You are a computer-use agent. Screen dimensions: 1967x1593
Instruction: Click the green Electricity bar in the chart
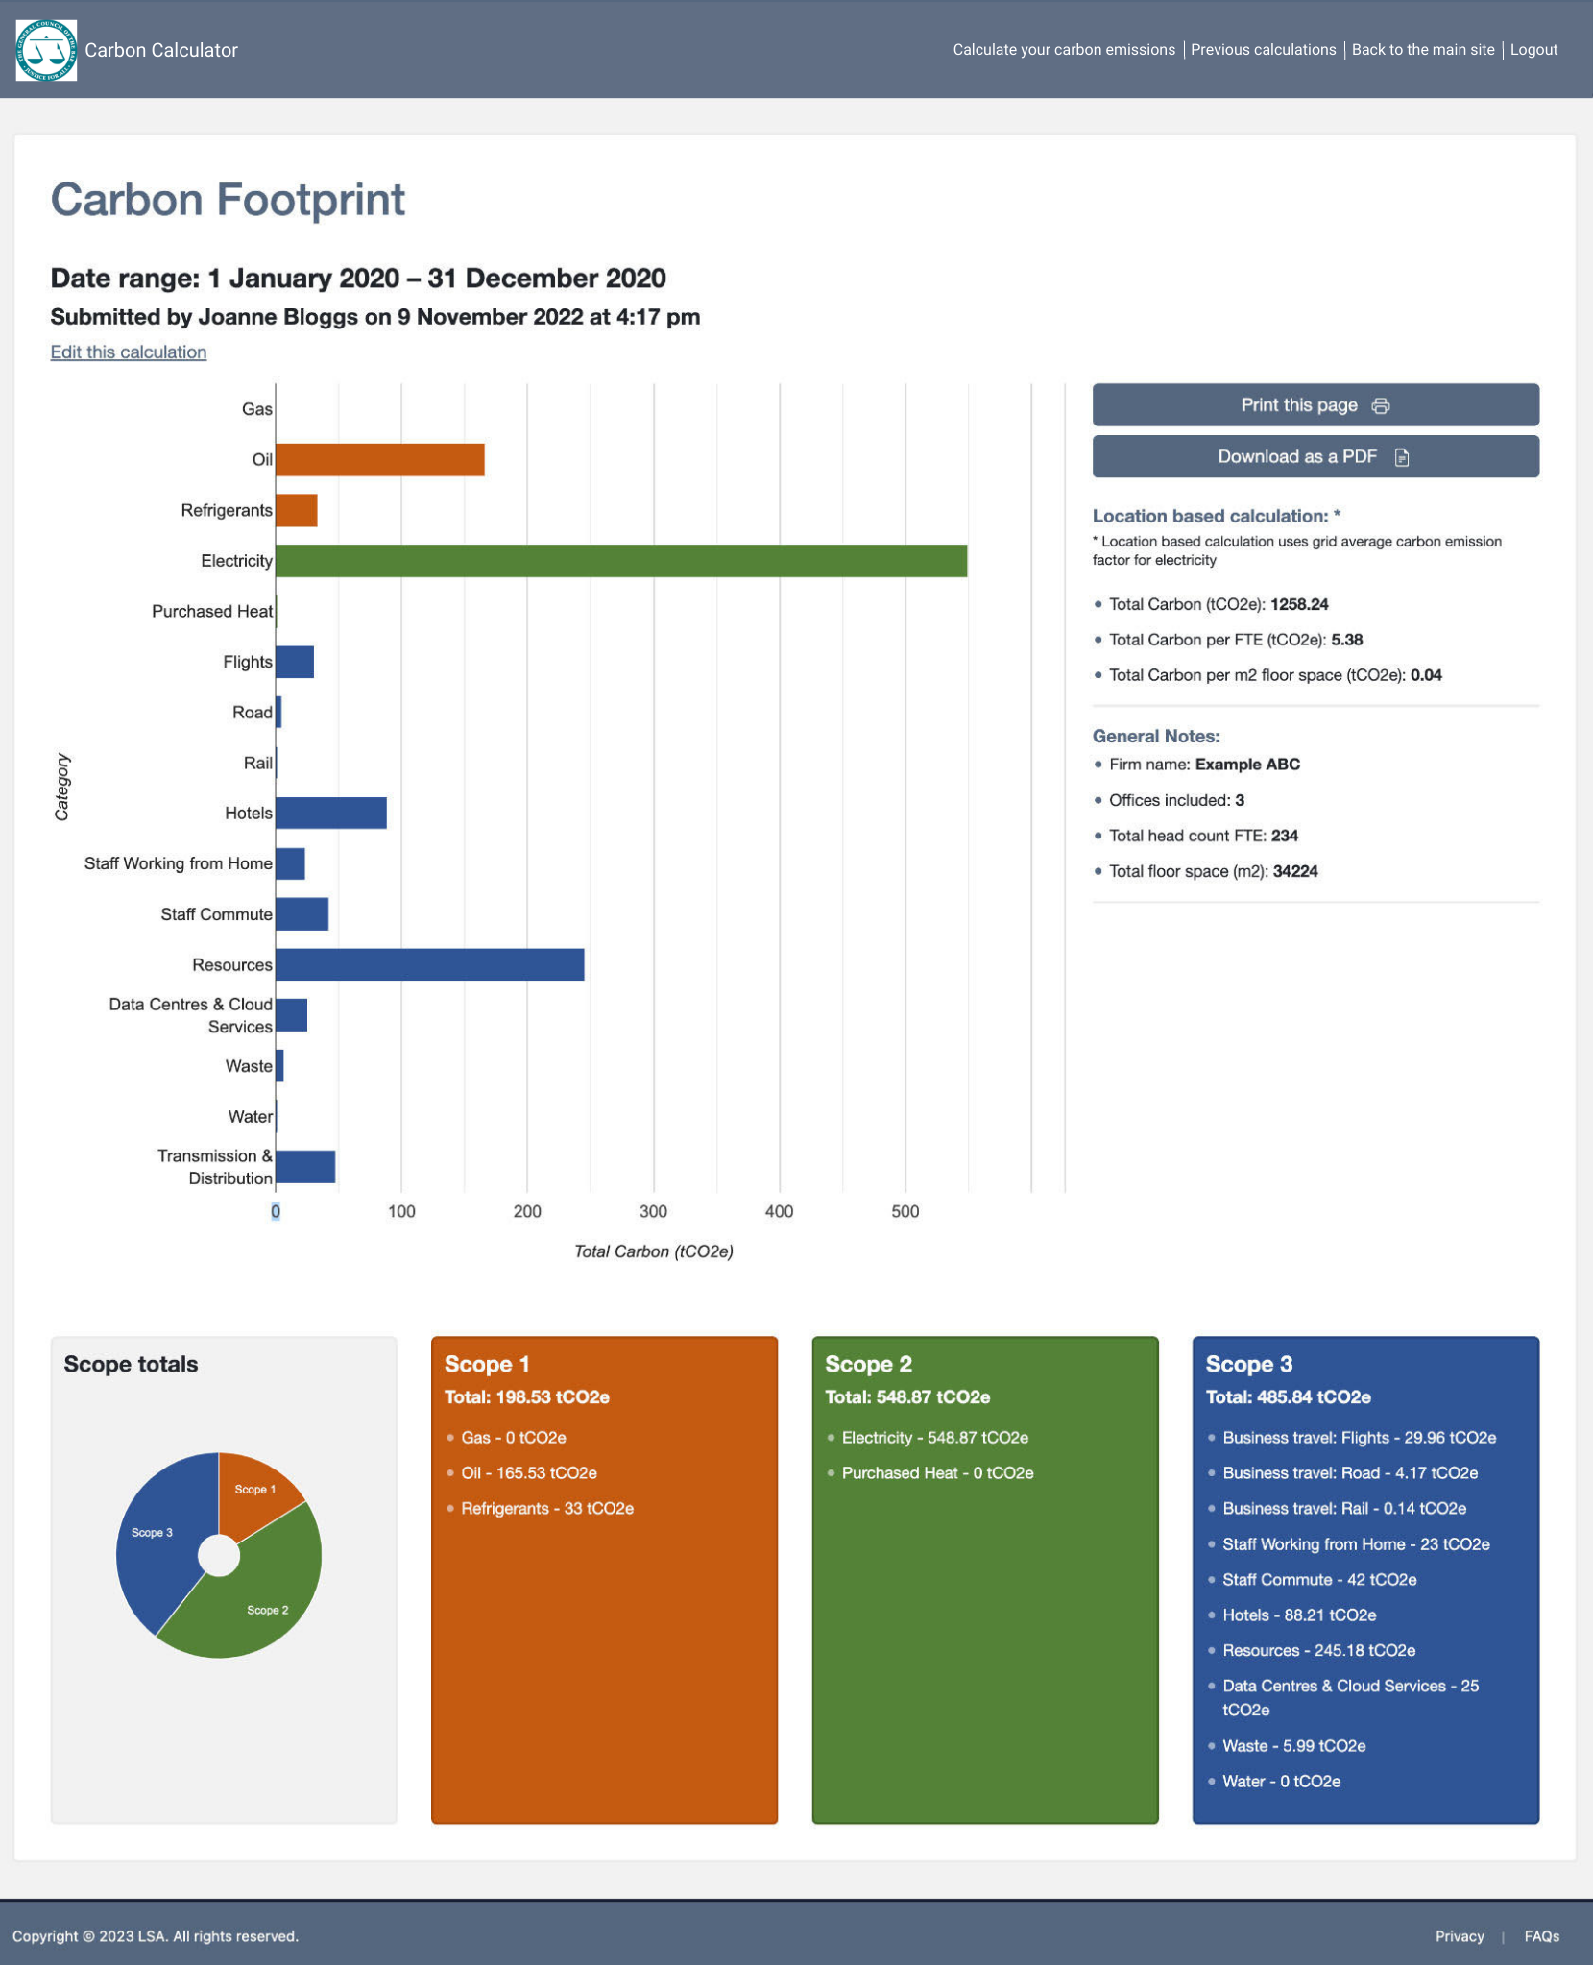pyautogui.click(x=620, y=561)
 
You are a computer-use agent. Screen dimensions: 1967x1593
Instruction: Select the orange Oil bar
pyautogui.click(x=379, y=460)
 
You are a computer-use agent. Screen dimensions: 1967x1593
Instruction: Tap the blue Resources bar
pyautogui.click(x=429, y=964)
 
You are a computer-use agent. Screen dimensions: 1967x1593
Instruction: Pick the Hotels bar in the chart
pyautogui.click(x=330, y=813)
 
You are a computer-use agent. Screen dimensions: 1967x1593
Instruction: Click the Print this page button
pyautogui.click(x=1315, y=405)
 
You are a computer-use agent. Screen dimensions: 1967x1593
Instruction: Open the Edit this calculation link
pyautogui.click(x=129, y=352)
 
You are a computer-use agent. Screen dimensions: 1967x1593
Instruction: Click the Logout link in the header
pyautogui.click(x=1533, y=50)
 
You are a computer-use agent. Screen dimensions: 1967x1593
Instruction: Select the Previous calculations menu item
pyautogui.click(x=1263, y=50)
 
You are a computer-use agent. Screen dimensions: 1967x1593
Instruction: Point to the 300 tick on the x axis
pyautogui.click(x=653, y=1211)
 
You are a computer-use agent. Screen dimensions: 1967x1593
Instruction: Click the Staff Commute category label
pyautogui.click(x=216, y=914)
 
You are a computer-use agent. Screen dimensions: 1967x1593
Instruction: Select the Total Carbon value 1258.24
pyautogui.click(x=1298, y=604)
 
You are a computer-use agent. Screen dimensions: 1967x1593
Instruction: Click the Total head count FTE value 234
pyautogui.click(x=1284, y=836)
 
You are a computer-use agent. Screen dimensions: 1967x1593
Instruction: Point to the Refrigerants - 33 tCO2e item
pyautogui.click(x=546, y=1509)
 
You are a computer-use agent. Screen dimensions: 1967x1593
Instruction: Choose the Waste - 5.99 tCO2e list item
pyautogui.click(x=1292, y=1746)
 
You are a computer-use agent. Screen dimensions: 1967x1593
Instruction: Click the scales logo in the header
pyautogui.click(x=46, y=50)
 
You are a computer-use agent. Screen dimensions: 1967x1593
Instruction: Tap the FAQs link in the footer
pyautogui.click(x=1540, y=1936)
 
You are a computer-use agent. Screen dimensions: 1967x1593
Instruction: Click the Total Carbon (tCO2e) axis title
pyautogui.click(x=653, y=1251)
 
